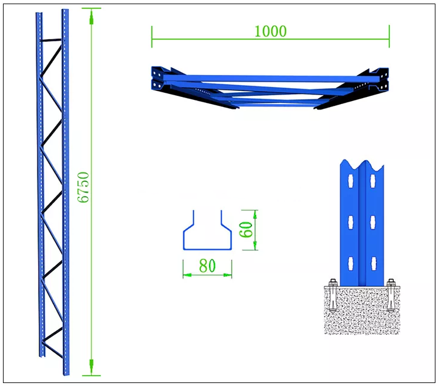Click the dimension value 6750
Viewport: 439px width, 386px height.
pos(83,187)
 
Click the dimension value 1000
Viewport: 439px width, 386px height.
pos(270,32)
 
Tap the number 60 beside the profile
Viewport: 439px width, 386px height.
pos(247,230)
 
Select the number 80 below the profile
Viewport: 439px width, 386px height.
pos(207,265)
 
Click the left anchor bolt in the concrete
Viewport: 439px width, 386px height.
pos(333,296)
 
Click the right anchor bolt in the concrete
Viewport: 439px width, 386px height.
pos(391,296)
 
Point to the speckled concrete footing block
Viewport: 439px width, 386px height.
pos(362,310)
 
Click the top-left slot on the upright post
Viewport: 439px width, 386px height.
pos(350,181)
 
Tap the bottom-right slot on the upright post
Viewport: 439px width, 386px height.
pos(373,263)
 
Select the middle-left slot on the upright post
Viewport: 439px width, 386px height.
pos(350,222)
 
